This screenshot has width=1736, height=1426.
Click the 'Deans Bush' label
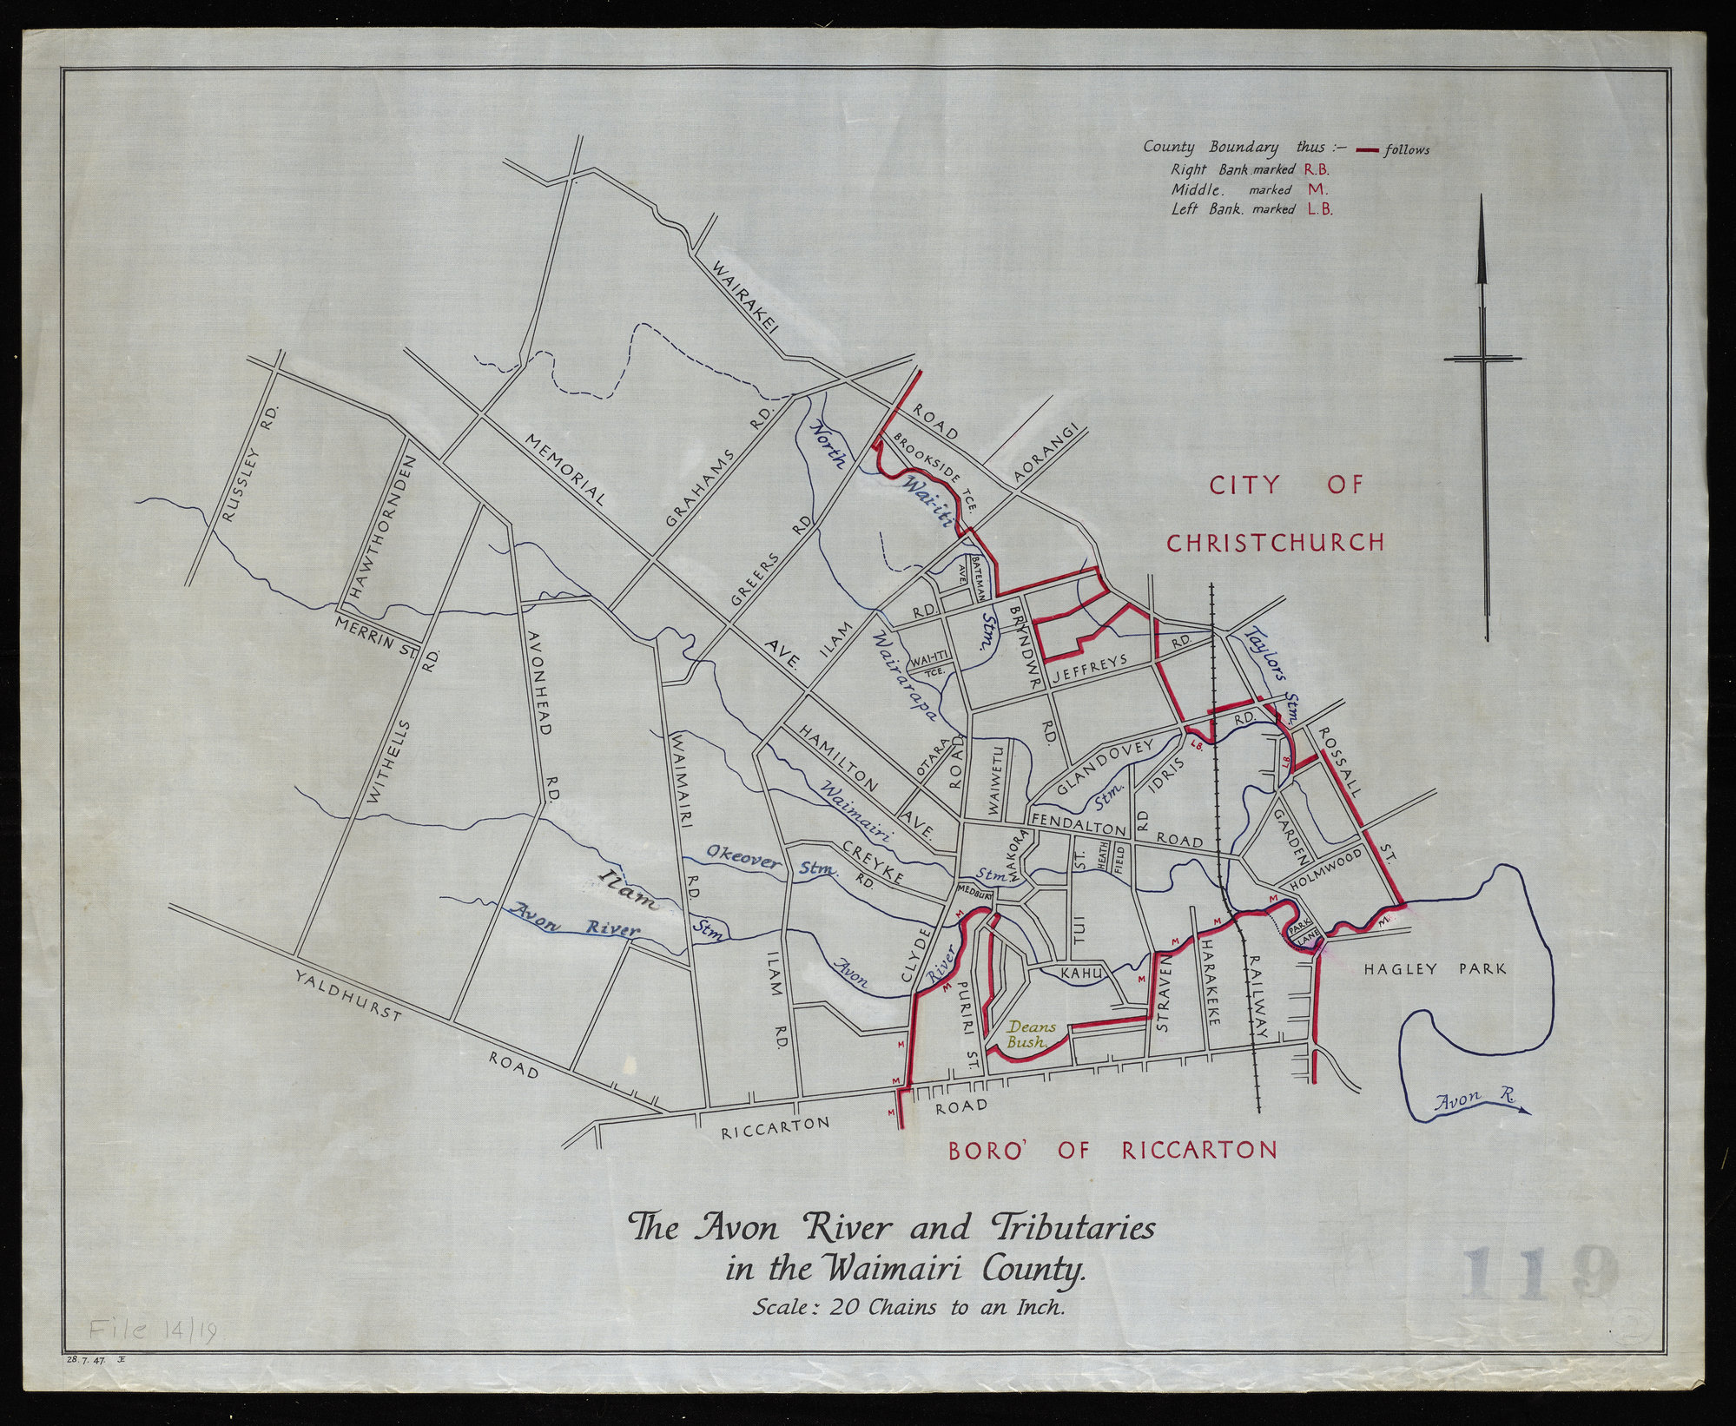1026,1033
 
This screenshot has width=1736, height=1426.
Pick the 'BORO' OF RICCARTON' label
1112,1152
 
